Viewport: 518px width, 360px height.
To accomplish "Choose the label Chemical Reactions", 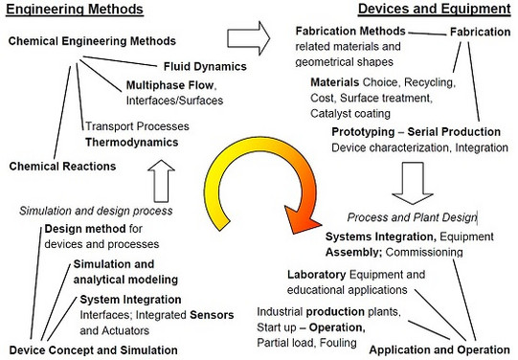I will [62, 166].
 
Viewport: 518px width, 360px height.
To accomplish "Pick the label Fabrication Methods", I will [349, 32].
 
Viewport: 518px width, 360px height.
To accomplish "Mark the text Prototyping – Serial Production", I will [416, 131].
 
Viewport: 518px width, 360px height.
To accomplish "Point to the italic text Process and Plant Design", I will [412, 217].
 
